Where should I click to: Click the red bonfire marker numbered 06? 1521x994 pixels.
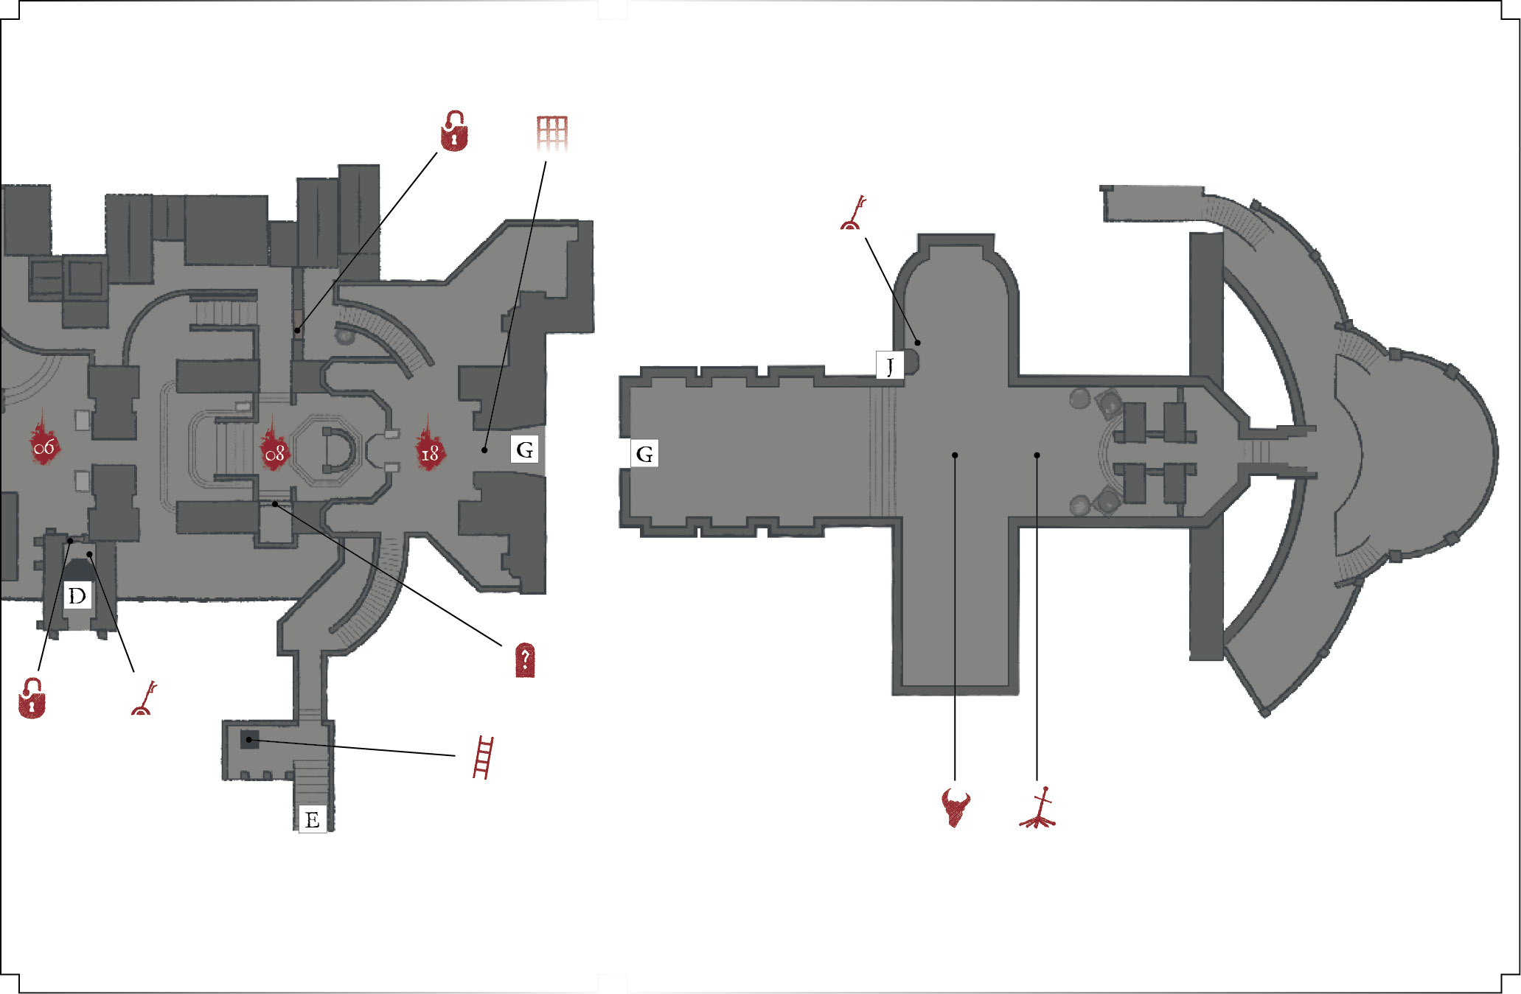[44, 440]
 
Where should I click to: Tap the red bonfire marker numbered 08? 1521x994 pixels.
[274, 447]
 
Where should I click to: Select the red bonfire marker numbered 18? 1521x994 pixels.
[429, 445]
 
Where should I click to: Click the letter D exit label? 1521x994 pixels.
[77, 595]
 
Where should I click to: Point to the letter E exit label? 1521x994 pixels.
[312, 819]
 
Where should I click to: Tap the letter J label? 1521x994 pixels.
[890, 365]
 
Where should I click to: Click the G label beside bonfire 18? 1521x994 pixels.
[524, 449]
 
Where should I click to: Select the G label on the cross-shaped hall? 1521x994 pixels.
[644, 454]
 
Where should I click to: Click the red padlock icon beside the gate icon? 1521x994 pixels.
[454, 131]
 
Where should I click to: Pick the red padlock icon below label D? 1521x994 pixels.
[32, 698]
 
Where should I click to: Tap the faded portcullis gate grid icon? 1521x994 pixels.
[552, 133]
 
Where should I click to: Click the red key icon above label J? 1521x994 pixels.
[853, 213]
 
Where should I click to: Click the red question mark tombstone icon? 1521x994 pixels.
[524, 660]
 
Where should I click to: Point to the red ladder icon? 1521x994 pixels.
[483, 757]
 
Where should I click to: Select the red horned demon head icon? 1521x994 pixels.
[956, 808]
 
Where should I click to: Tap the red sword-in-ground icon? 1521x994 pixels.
[1038, 808]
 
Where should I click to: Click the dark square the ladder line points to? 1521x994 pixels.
[250, 740]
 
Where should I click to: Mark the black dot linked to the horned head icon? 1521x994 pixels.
[955, 455]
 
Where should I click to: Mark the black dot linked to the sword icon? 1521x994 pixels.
[1037, 455]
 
